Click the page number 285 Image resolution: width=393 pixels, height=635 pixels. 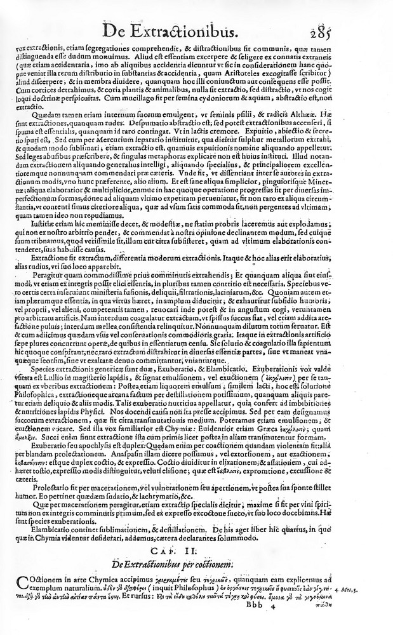(x=369, y=30)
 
